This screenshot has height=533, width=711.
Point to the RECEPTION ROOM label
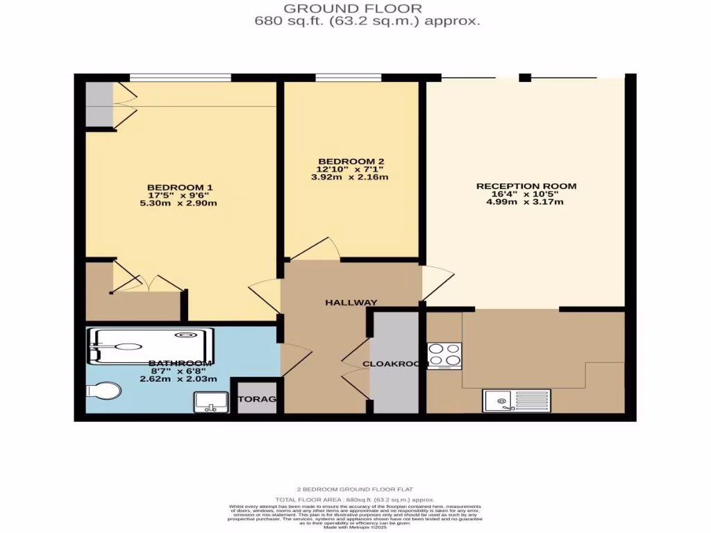point(526,186)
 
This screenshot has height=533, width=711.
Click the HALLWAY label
point(351,302)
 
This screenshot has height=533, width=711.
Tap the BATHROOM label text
point(179,363)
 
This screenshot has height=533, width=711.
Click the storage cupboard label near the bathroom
point(258,399)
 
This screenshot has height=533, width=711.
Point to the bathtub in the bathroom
point(149,345)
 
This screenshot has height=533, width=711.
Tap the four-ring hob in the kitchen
point(444,355)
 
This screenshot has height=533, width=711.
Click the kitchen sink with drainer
point(516,400)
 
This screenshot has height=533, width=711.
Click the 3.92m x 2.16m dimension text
point(349,177)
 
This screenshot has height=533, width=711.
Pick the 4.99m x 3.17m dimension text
point(526,202)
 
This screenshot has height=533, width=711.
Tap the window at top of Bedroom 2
point(349,77)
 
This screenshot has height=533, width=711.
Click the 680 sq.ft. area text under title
point(367,21)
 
